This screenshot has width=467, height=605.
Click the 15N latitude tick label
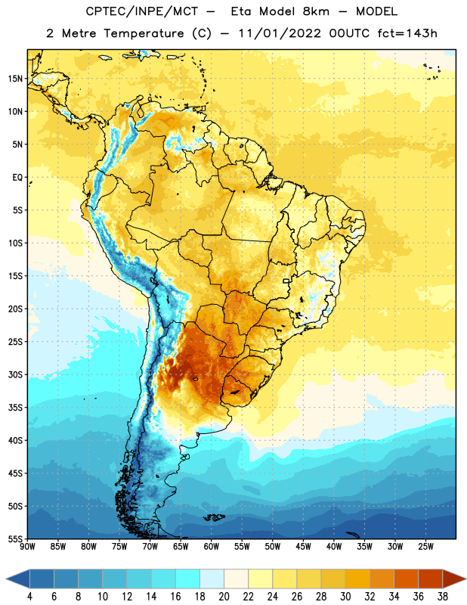point(15,79)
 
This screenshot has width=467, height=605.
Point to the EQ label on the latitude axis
point(17,178)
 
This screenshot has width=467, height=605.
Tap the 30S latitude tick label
point(15,374)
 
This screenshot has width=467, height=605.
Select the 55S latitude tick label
point(15,539)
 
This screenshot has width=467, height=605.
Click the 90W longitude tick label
point(27,546)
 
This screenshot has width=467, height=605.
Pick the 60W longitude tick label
point(212,546)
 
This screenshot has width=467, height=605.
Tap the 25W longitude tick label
point(425,546)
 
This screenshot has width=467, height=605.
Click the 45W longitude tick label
point(303,546)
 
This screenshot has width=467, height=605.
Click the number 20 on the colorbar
point(224,597)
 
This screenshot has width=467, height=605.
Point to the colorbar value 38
point(443,597)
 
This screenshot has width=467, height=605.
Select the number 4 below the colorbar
point(29,597)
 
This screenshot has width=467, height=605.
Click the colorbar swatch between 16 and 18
point(188,579)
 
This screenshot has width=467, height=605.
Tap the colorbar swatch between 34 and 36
point(407,579)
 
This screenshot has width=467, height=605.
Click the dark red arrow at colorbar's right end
point(454,579)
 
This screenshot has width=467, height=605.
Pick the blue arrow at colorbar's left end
point(18,579)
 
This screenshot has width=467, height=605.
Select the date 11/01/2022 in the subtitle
point(280,33)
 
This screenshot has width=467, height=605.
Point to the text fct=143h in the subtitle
point(407,33)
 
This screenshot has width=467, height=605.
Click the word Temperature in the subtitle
point(144,33)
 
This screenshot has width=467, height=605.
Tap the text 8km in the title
point(316,11)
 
